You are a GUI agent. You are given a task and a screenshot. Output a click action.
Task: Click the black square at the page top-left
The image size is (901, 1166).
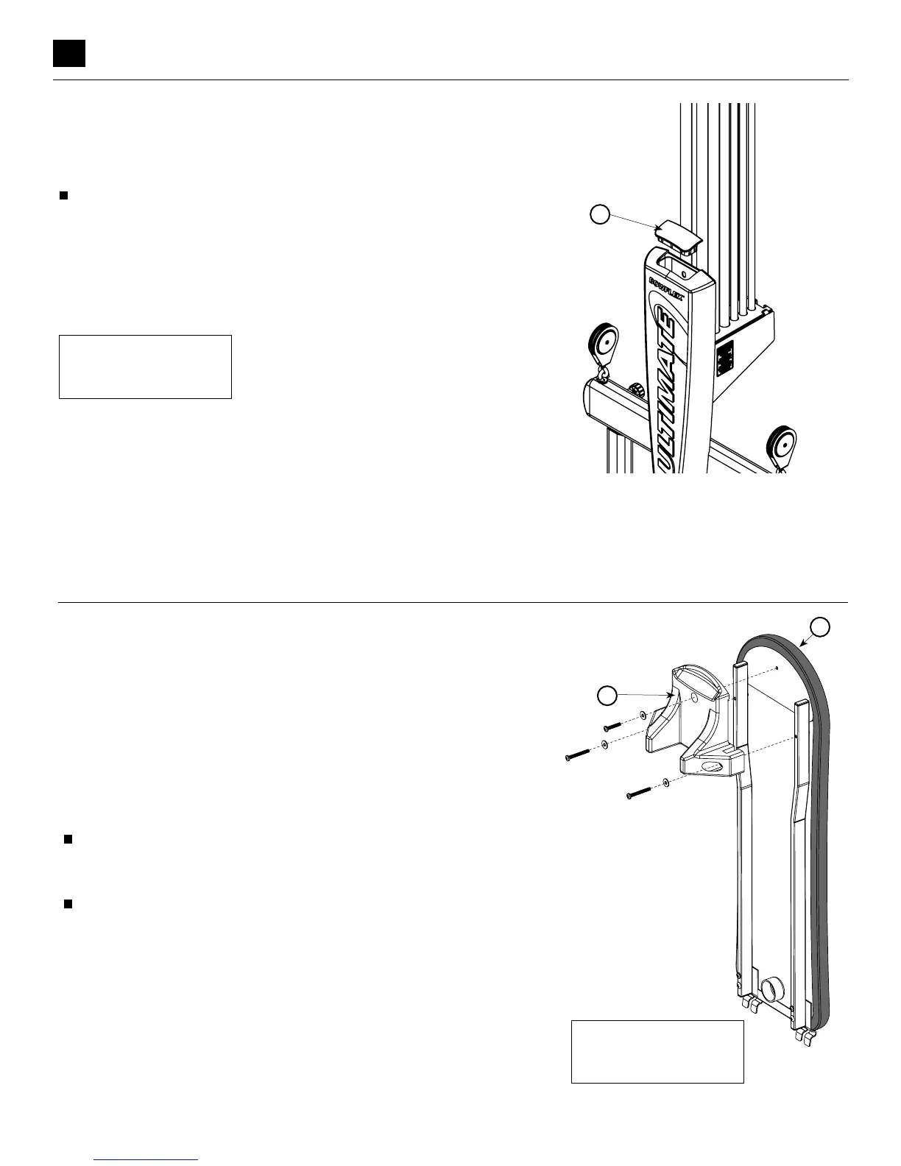[69, 53]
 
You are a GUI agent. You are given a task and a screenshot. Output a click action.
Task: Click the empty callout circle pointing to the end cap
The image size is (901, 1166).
[601, 215]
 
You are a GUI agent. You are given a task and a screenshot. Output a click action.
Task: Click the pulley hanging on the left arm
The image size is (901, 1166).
[604, 345]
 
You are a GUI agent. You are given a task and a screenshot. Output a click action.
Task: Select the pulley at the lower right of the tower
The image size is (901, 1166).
[781, 445]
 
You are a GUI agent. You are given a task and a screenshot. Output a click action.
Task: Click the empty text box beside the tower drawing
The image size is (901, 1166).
[145, 367]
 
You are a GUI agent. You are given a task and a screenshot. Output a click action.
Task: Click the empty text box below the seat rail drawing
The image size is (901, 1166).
[657, 1051]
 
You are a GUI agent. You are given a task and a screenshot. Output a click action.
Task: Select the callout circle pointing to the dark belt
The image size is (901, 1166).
[821, 626]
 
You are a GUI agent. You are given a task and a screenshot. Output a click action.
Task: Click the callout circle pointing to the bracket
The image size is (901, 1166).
[606, 694]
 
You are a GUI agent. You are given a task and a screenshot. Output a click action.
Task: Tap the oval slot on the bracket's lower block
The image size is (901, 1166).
[711, 766]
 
